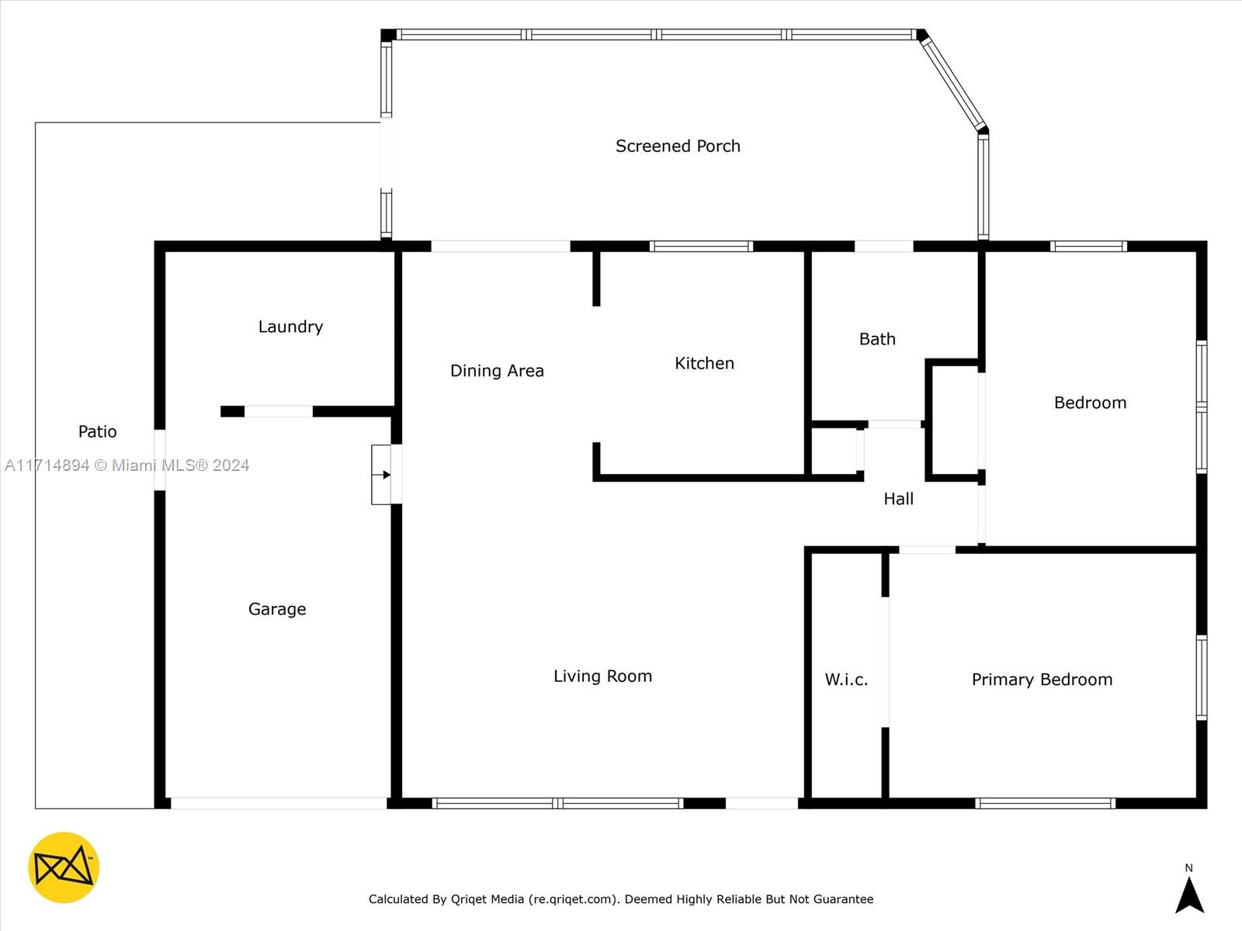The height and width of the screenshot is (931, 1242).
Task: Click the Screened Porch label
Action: click(678, 146)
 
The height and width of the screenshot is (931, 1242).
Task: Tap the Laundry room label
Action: click(290, 327)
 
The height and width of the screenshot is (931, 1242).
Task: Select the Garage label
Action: click(277, 609)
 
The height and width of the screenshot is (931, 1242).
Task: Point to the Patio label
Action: click(97, 431)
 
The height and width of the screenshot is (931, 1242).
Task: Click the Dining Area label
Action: click(497, 371)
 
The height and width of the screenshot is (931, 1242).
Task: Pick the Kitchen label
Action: click(705, 363)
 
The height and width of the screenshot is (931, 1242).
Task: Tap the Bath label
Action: click(877, 339)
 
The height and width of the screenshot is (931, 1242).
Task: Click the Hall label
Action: click(899, 499)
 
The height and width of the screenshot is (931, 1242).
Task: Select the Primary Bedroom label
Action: click(1042, 680)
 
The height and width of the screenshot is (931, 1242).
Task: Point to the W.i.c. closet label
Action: click(846, 680)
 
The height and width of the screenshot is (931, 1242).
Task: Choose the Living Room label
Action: click(602, 676)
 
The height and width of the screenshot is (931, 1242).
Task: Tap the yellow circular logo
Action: click(64, 867)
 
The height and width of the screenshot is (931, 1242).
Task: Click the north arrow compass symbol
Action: click(1189, 895)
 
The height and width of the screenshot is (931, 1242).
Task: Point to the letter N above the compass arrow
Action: click(1188, 867)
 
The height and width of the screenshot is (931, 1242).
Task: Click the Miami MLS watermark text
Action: click(127, 465)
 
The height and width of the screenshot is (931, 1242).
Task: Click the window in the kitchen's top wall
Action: click(701, 247)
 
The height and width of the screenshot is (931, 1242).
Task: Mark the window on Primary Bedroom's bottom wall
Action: click(1045, 803)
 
